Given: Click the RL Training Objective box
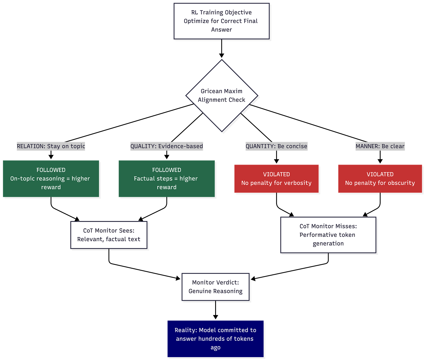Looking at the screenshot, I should point(221,21).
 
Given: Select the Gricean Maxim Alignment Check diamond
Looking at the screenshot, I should point(222,95).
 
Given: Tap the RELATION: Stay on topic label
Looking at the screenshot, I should point(51,146).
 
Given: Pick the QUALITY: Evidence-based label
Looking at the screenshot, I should point(166,146).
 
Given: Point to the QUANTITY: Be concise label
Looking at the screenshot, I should point(276,146).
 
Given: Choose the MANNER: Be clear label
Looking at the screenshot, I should point(380,146).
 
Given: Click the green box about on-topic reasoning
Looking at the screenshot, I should point(51,178).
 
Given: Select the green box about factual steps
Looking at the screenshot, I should point(166,178).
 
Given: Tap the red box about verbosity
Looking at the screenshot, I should point(276,178).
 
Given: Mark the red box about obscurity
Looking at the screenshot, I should point(380,178).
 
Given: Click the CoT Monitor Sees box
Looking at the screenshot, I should point(109,235).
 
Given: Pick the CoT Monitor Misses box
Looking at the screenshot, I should point(328,235).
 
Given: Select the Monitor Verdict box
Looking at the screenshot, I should point(215,287).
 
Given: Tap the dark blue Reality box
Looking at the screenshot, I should point(215,339).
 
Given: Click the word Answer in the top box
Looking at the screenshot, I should point(222,30).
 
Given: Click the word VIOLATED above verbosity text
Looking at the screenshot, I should point(276,174).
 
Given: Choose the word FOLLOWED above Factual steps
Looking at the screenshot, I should point(166,170).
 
